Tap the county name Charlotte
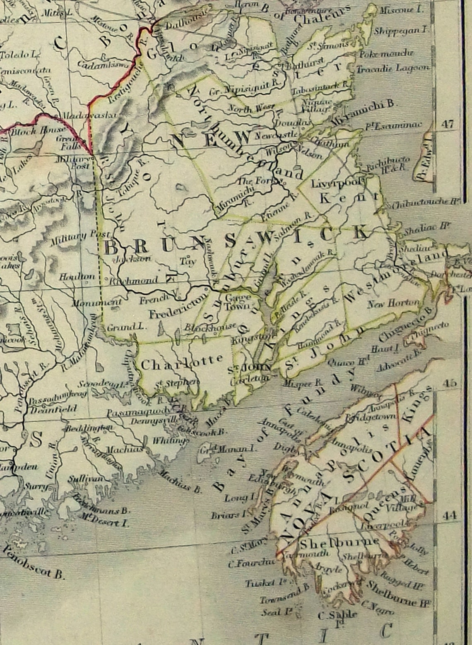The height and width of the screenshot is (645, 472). click(x=182, y=363)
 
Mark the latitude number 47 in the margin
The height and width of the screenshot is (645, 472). click(x=448, y=124)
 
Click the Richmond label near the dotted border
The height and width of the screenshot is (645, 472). click(x=135, y=280)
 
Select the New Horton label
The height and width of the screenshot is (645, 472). click(x=393, y=304)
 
